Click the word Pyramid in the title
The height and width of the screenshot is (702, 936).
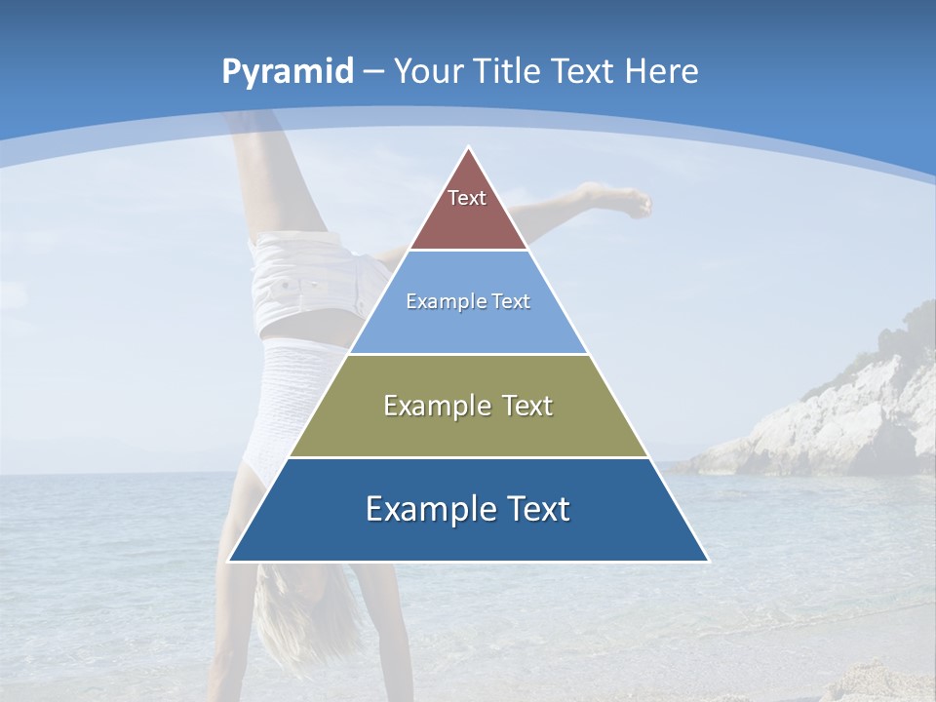[288, 72]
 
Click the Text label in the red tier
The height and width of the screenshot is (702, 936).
[467, 198]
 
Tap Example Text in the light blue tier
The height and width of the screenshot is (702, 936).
[468, 301]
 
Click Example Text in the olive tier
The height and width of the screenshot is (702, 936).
[468, 406]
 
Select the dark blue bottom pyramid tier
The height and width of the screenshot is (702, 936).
[468, 536]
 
